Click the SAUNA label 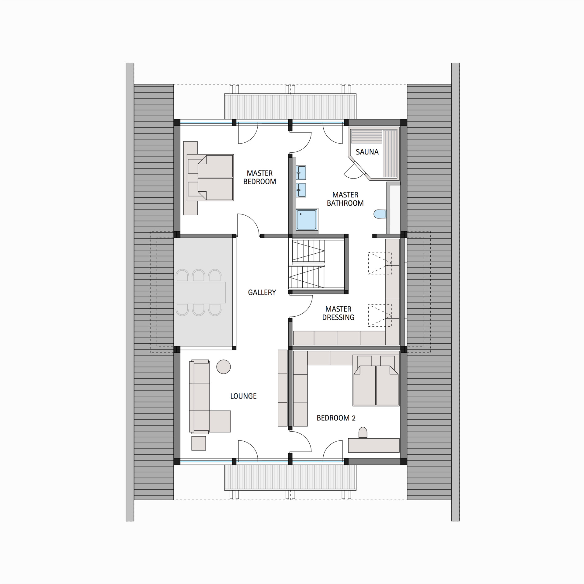coord(367,152)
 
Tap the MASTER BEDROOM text coord(259,177)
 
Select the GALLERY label coord(262,292)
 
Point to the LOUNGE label coord(243,396)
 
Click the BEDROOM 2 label coord(336,418)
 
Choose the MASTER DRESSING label coord(338,313)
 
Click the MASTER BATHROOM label coord(345,199)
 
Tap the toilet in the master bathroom coord(379,214)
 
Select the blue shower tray coord(307,219)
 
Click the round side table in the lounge coord(224,367)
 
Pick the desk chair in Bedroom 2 coord(363,432)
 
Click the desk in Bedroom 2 coord(374,445)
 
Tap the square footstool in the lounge coord(199,443)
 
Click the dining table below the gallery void coord(200,292)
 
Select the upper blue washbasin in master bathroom coord(301,172)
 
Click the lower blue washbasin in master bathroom coord(301,190)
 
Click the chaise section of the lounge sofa coord(220,421)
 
